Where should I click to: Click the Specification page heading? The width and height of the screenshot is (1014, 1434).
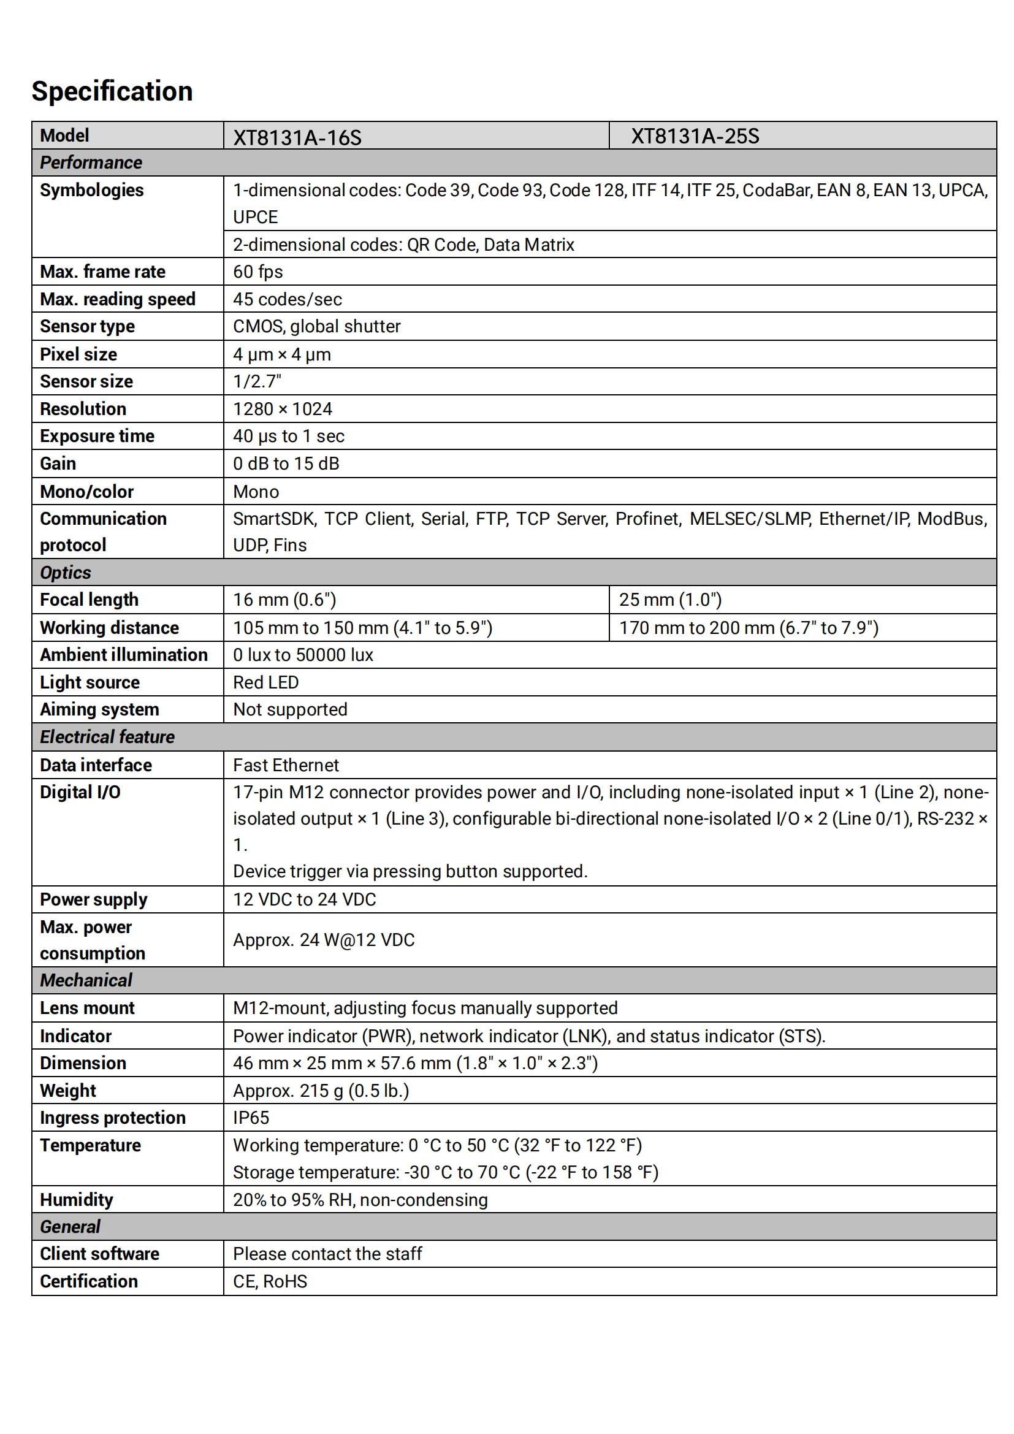112,91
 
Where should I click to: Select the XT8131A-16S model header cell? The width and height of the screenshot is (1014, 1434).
297,137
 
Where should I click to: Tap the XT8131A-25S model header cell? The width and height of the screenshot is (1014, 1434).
695,136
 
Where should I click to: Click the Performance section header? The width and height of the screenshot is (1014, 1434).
91,162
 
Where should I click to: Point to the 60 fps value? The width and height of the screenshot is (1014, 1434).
258,272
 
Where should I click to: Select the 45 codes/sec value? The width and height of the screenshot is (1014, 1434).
287,299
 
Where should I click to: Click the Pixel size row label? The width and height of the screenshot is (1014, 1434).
78,354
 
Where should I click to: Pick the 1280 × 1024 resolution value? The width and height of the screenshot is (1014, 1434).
282,409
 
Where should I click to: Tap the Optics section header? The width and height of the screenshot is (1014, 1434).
66,572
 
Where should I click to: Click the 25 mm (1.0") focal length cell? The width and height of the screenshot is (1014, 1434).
670,600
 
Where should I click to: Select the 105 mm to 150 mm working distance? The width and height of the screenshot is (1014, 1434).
362,628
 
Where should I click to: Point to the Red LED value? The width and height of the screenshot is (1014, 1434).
266,682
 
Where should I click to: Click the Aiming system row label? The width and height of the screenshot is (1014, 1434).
100,709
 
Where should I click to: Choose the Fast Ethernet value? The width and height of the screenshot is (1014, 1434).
286,765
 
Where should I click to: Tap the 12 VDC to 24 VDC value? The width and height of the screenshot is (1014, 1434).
305,899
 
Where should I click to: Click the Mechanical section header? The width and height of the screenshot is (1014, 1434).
86,980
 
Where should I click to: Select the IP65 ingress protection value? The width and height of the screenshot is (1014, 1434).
251,1118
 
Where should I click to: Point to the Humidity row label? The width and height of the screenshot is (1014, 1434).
77,1200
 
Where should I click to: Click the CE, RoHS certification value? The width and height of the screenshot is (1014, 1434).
270,1281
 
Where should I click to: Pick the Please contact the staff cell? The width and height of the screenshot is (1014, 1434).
327,1254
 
